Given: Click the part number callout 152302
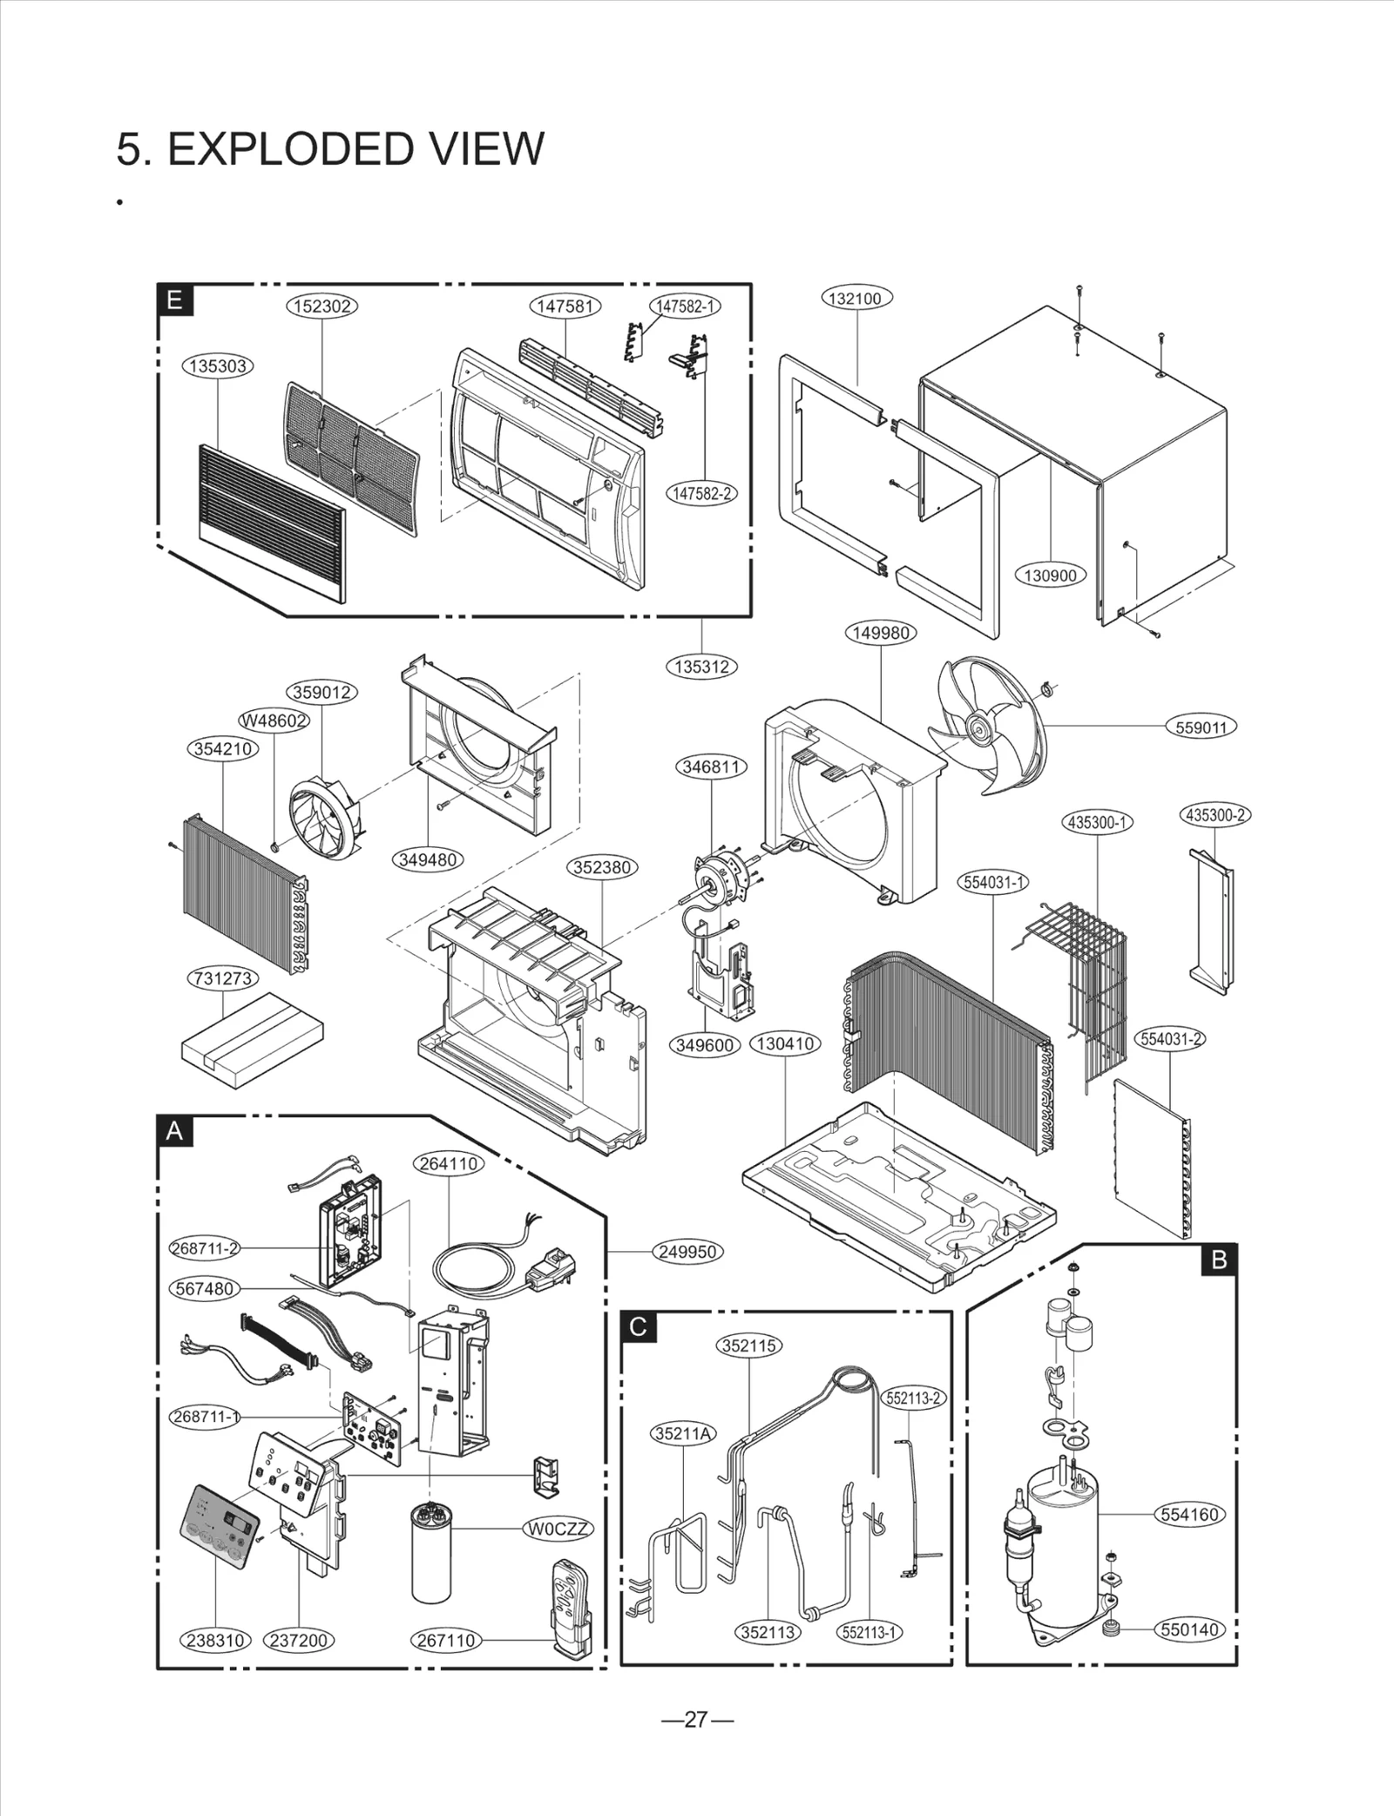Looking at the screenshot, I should coord(322,306).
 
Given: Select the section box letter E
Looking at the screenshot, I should coord(175,301).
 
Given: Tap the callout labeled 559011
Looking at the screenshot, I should coord(1201,728).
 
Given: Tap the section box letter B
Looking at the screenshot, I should coord(1219,1259).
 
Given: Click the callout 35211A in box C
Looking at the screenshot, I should coord(684,1433).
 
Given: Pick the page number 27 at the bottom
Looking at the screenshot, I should coord(697,1719).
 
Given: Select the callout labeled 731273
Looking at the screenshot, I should coord(223,978).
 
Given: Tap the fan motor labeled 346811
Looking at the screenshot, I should coord(720,871).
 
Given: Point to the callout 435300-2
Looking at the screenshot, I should coord(1216,816).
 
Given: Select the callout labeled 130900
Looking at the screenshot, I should coord(1050,575).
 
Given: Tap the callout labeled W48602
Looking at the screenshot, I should coord(274,721).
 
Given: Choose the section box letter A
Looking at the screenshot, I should coord(175,1132).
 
